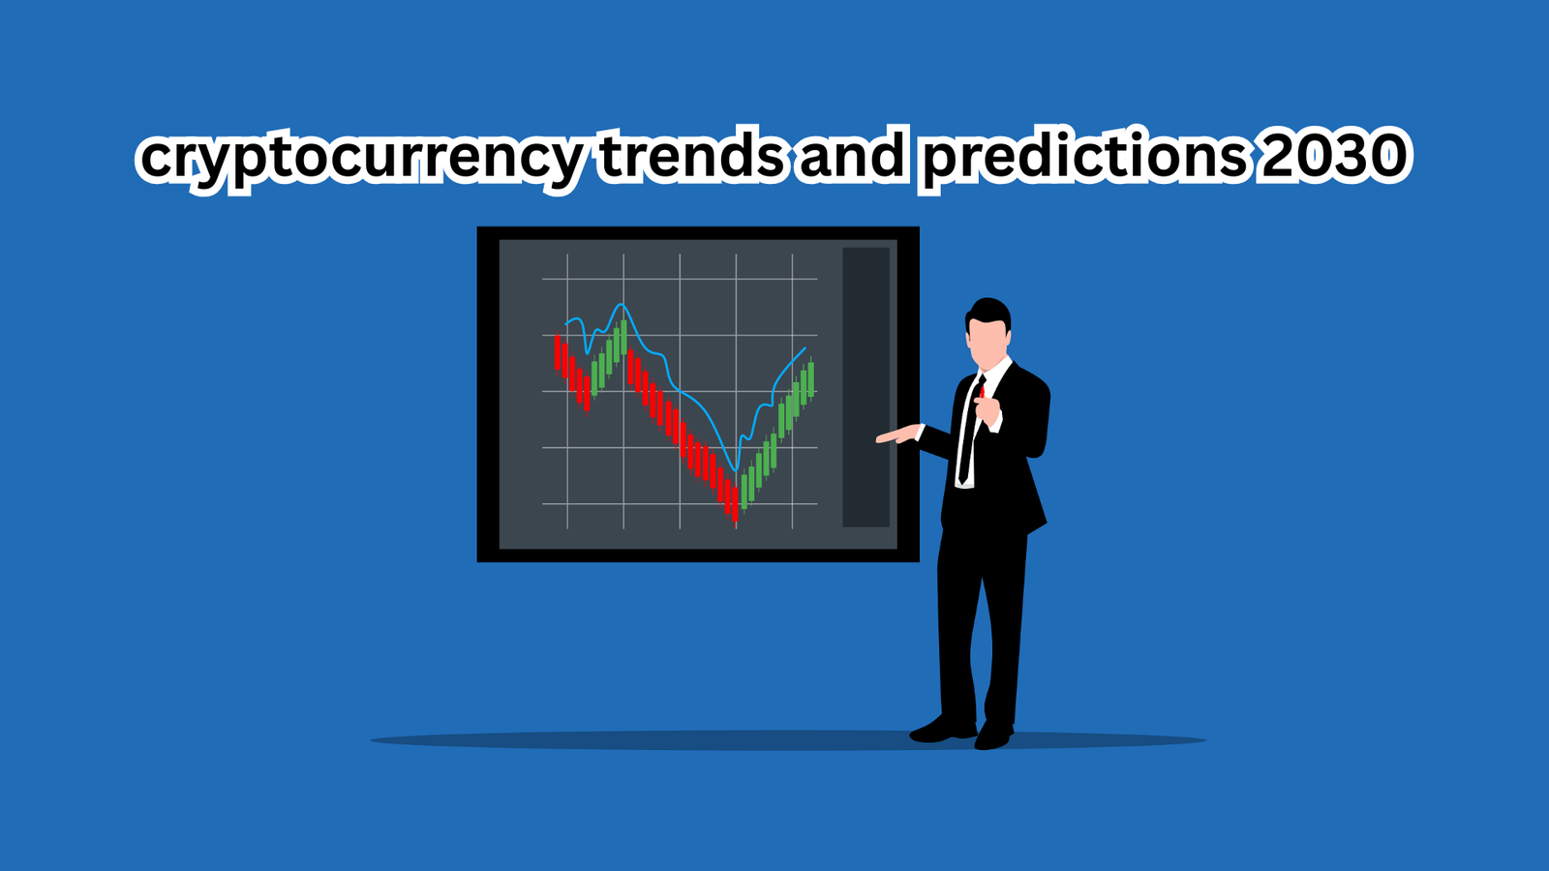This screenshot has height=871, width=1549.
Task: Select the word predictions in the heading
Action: [x=1085, y=159]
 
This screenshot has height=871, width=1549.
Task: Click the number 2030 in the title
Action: [x=1332, y=155]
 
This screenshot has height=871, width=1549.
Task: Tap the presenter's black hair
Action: [x=988, y=315]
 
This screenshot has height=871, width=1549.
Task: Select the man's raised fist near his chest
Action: [x=987, y=410]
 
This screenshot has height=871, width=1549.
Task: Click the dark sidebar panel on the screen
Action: [x=866, y=387]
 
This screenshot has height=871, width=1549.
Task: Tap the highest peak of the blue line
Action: [x=623, y=304]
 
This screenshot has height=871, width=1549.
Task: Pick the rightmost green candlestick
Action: [x=811, y=377]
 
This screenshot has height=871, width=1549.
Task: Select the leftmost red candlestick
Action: [x=558, y=353]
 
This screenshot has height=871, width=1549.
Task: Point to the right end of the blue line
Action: [x=805, y=347]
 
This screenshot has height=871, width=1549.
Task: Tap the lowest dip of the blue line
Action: [x=736, y=470]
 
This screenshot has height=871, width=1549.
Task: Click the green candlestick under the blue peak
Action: [x=623, y=338]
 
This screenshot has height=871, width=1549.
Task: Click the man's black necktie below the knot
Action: [x=968, y=435]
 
